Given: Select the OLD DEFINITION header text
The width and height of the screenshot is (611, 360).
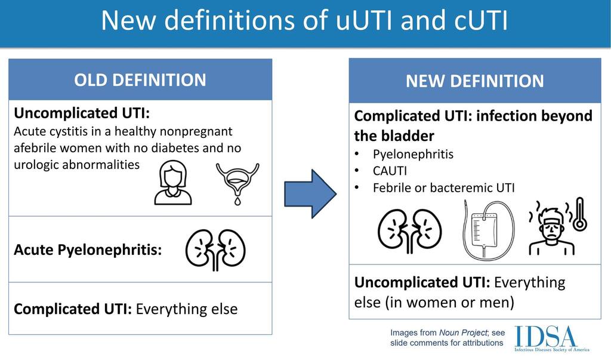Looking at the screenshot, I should click(x=140, y=80).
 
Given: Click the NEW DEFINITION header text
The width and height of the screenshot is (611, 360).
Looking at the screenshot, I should click(x=475, y=81).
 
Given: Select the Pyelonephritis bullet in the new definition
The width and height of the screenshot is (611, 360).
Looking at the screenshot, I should click(x=413, y=155).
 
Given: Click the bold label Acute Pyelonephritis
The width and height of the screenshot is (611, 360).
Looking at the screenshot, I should click(x=88, y=250).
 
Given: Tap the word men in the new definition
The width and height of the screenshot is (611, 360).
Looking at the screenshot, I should click(x=499, y=302).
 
